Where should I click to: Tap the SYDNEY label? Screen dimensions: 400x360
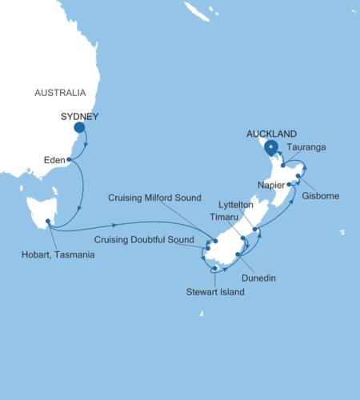click(79, 116)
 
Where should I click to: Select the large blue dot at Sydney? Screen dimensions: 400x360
click(80, 127)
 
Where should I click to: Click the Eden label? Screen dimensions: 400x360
click(54, 159)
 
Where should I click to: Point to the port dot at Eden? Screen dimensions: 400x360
click(70, 159)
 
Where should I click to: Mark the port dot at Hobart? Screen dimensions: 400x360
click(48, 222)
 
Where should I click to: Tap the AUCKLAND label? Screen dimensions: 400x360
click(273, 134)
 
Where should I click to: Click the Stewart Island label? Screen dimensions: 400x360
click(216, 293)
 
